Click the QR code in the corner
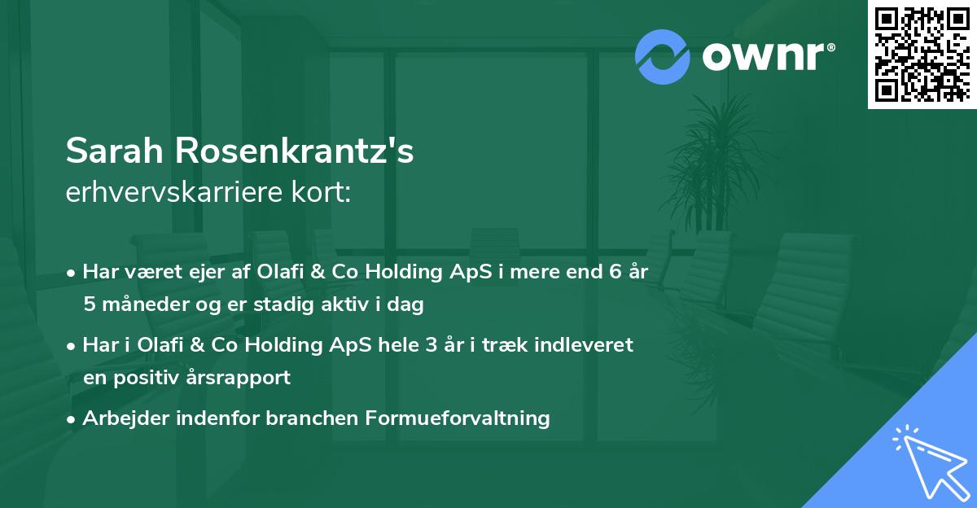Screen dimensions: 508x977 click(x=922, y=55)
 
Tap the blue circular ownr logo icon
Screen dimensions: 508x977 click(x=663, y=57)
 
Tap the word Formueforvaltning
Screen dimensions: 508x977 click(x=458, y=418)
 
